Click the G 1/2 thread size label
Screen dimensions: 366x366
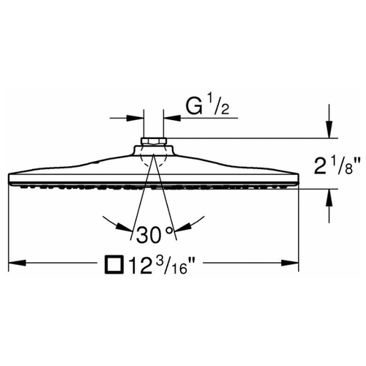208,106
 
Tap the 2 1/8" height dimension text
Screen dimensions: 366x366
337,166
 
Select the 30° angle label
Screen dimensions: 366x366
154,234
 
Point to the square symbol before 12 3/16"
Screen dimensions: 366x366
114,264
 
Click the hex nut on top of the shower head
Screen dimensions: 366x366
154,141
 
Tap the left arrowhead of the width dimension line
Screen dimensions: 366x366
17,263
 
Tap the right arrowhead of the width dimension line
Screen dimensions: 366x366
290,263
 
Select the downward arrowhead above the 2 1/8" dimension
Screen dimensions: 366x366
329,130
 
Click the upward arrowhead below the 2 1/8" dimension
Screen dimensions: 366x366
329,198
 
